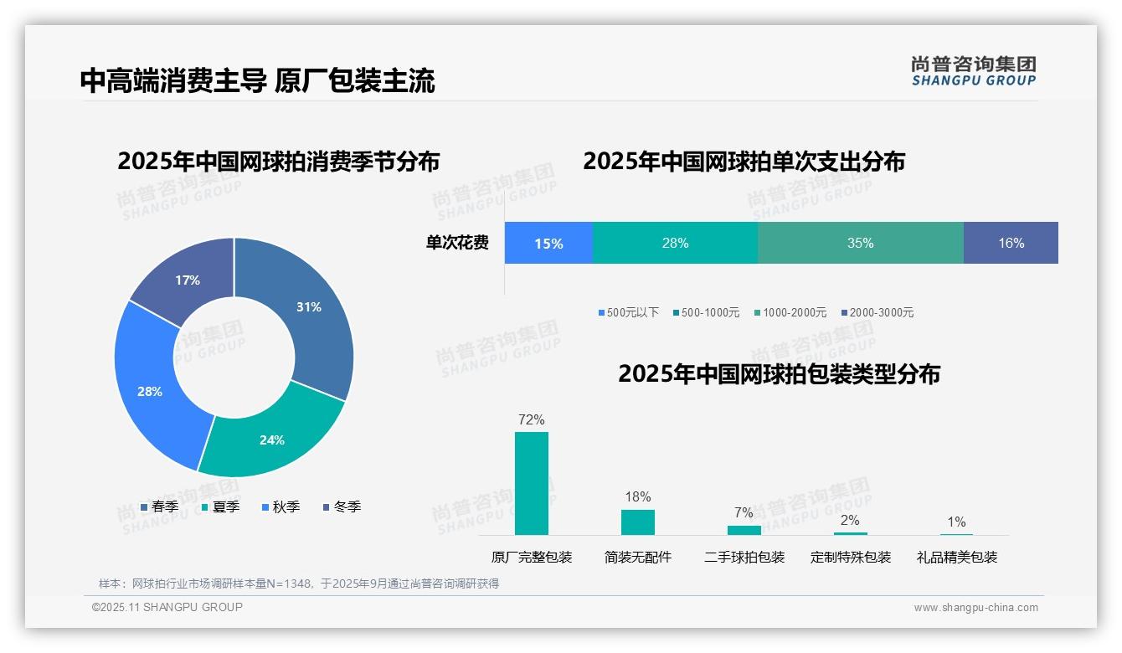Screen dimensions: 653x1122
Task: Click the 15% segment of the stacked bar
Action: click(x=548, y=243)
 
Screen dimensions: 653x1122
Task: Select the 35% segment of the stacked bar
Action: click(x=860, y=243)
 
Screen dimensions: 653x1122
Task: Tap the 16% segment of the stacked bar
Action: click(x=1011, y=243)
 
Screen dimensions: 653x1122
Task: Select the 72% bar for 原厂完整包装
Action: click(x=532, y=483)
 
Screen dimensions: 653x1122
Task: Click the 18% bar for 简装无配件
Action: click(x=638, y=522)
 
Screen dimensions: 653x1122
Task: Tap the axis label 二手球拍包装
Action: click(x=744, y=557)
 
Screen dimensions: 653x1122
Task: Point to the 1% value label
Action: click(x=956, y=522)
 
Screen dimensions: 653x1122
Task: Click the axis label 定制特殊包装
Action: click(x=851, y=557)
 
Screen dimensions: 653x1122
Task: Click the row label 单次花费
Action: click(x=457, y=243)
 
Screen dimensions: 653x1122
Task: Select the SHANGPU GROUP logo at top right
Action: click(x=973, y=70)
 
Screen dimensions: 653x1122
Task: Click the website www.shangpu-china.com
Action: click(x=975, y=607)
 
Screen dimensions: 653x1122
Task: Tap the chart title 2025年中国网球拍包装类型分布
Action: click(x=779, y=373)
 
